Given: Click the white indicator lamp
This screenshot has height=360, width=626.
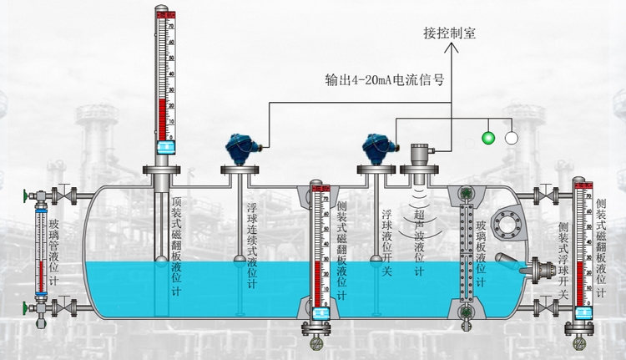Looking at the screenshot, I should point(511,137).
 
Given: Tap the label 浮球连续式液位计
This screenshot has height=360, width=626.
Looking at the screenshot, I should point(252,246).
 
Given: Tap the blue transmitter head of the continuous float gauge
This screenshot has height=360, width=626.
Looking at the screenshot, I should point(236,149).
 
